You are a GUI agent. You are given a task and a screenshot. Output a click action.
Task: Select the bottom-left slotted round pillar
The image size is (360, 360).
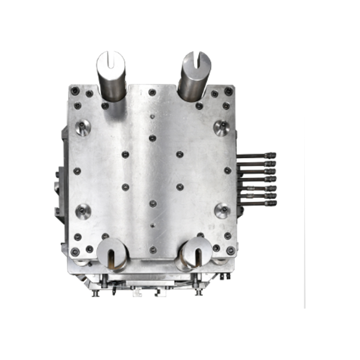(x=111, y=252)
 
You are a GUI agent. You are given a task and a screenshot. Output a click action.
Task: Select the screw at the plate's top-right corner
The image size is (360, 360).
(x=229, y=91)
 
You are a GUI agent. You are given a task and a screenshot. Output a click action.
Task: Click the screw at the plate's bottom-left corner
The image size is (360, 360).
(x=75, y=251)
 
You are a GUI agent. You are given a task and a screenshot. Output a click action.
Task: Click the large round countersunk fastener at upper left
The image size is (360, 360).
(x=83, y=127)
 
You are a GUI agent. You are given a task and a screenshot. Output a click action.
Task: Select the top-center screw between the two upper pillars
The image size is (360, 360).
(x=152, y=92)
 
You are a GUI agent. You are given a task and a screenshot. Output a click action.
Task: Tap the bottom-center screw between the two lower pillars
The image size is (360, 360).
(x=153, y=249)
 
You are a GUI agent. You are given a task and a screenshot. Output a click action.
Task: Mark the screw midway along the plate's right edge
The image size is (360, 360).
(x=227, y=171)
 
